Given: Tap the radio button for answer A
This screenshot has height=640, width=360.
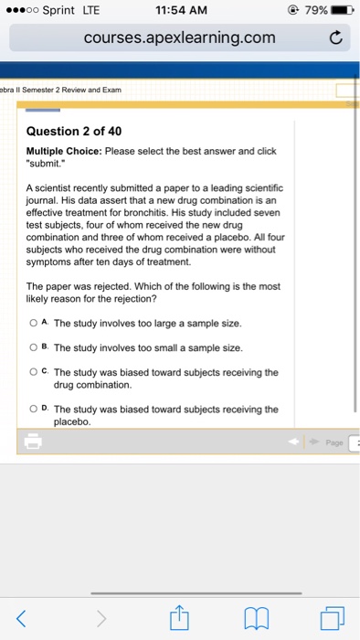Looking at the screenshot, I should coord(33,323).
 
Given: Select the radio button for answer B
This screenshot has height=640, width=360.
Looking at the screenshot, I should coord(33,347).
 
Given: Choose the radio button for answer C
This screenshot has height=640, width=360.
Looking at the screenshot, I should coord(33,372).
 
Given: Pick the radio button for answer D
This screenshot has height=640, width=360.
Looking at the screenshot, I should coord(33,409).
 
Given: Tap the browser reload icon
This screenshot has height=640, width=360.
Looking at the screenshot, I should coord(334,38).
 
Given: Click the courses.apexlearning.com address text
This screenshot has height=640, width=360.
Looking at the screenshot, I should coord(179,37).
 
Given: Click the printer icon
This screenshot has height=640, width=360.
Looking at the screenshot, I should coord(34,442).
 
